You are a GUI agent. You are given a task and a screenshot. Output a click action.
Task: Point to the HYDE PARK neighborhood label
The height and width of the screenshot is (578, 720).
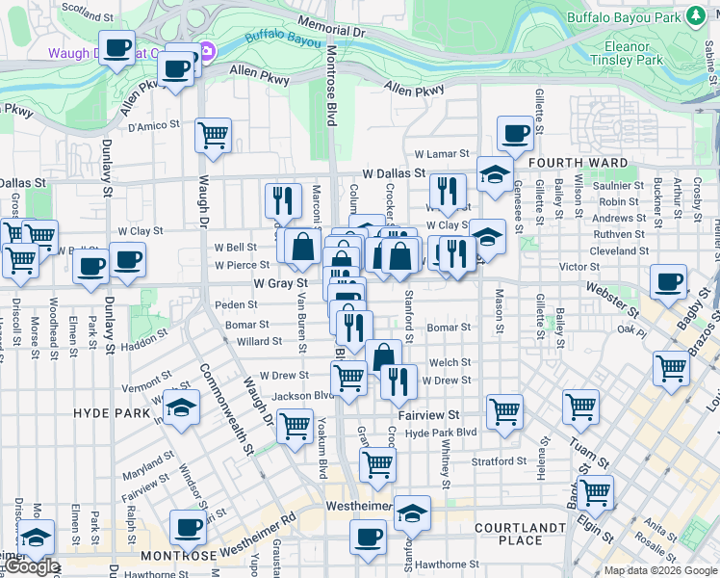click(x=108, y=412)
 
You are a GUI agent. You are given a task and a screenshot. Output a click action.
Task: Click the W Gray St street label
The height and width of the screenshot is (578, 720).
click(x=280, y=284)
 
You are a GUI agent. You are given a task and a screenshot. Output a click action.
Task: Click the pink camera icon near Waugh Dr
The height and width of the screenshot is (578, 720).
click(x=208, y=51)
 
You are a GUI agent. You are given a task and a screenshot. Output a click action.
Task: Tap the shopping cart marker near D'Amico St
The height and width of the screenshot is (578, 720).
click(x=213, y=135)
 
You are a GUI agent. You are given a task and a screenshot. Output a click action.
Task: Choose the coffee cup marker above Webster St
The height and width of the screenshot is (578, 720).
click(x=668, y=282)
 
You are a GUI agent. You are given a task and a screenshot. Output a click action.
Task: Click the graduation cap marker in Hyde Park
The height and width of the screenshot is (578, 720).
click(x=181, y=408)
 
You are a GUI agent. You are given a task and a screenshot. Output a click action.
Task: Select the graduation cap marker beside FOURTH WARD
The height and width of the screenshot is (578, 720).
click(x=495, y=174)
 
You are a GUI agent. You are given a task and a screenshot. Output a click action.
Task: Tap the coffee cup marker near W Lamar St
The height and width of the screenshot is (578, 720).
click(x=515, y=133)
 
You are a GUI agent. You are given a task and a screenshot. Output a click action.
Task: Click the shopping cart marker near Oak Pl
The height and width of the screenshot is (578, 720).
click(x=671, y=368)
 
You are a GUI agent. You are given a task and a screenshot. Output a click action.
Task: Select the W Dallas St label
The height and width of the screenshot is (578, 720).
click(x=392, y=173)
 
